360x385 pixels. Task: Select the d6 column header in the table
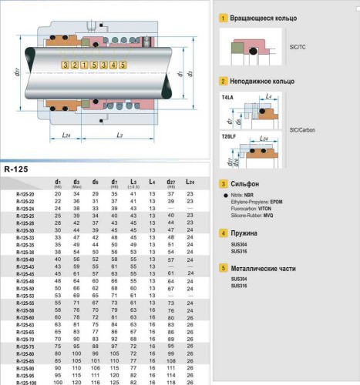tap(95, 182)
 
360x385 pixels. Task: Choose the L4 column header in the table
tap(152, 182)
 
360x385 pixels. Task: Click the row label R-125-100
tap(27, 382)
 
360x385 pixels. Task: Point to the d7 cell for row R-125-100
tap(114, 382)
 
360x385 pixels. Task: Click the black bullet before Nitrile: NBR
tap(224, 198)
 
